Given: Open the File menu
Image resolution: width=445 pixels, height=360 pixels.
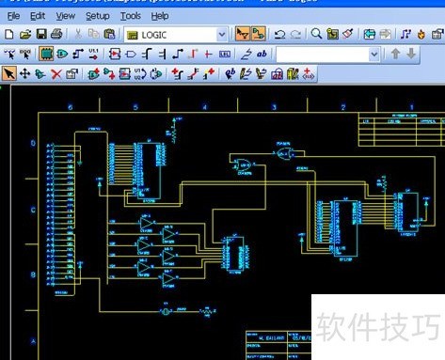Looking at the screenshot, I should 13,16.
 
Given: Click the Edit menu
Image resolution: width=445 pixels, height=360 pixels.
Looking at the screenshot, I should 38,16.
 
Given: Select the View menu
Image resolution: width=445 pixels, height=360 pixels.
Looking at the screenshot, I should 65,16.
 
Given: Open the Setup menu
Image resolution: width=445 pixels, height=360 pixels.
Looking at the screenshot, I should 97,16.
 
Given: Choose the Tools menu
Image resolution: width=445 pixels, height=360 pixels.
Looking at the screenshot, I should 131,16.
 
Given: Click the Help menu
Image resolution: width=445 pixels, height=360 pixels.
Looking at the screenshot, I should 160,16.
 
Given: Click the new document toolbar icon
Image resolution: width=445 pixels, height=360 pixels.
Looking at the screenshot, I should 8,34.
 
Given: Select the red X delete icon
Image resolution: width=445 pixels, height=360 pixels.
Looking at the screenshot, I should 56,73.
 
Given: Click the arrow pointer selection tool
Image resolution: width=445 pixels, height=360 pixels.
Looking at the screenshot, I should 8,73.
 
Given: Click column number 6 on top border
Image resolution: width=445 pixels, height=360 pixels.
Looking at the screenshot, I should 69,108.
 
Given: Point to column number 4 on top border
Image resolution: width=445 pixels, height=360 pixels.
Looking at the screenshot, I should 205,108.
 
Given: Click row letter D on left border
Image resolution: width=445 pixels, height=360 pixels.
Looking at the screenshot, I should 34,144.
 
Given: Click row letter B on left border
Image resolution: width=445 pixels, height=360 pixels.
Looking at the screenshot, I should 34,275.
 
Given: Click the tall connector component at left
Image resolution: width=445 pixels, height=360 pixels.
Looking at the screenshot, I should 61,220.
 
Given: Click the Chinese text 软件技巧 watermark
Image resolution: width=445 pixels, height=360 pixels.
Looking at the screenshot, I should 377,328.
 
